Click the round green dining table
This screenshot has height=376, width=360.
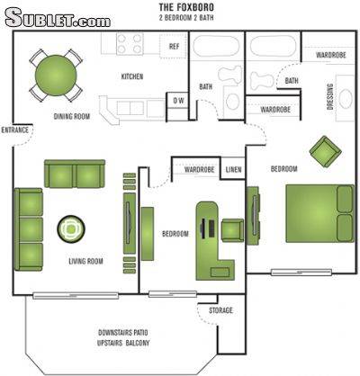click(56, 76)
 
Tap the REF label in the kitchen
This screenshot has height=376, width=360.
click(174, 47)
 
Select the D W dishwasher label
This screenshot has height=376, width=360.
click(179, 101)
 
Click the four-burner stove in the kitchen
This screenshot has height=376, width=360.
click(130, 44)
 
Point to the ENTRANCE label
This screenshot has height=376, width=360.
click(15, 130)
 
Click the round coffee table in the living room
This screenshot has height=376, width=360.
click(71, 229)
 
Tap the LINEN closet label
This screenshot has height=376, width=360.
click(233, 170)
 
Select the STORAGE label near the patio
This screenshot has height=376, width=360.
click(220, 310)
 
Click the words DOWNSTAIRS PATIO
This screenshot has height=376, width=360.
click(123, 333)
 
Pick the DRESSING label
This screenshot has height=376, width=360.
click(330, 97)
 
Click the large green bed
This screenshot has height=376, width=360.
click(319, 213)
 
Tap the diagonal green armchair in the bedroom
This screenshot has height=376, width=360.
click(326, 152)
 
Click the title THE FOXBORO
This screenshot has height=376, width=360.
click(186, 7)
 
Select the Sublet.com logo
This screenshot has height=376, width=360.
click(58, 17)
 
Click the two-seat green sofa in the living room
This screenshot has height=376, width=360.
click(75, 174)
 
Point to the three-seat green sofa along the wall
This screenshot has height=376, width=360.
click(29, 229)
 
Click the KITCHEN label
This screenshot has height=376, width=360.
click(132, 76)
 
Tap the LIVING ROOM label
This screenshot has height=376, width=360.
click(85, 261)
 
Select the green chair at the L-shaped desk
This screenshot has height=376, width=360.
click(232, 230)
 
